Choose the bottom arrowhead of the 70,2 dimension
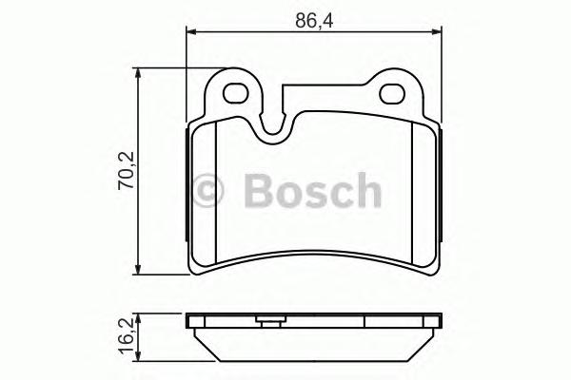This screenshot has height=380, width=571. [142, 270]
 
